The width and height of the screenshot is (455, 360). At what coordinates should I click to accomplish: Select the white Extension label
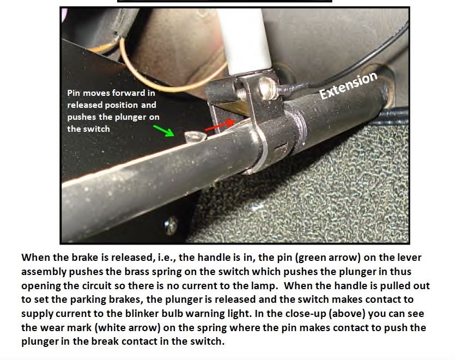tap(348, 86)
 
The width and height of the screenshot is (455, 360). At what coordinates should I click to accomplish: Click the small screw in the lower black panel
tap(172, 223)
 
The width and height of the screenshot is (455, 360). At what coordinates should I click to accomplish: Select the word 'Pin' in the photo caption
tap(74, 93)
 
